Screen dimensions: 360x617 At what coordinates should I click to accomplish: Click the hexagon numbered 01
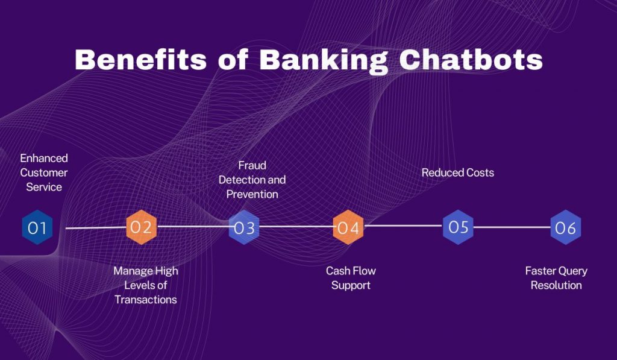tap(37, 227)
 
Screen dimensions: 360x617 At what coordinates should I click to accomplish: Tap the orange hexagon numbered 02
tap(142, 227)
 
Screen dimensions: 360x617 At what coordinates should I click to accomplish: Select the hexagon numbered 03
tap(244, 228)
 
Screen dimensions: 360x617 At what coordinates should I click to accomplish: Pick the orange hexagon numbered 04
tap(348, 227)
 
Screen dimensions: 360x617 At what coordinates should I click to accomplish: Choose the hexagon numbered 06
tap(565, 228)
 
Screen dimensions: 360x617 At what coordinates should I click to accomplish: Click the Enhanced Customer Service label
tap(44, 172)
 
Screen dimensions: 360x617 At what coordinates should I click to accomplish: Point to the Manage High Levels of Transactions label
tap(146, 285)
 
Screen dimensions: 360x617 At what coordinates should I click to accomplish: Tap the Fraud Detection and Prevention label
tap(252, 180)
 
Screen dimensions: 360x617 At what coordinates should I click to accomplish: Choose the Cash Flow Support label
tap(351, 278)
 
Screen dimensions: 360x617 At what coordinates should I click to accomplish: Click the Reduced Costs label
tap(458, 172)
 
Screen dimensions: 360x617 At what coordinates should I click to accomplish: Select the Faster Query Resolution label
tap(556, 278)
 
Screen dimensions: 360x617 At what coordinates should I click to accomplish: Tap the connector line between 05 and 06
tap(512, 227)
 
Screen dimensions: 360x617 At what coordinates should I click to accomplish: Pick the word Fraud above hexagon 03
tap(252, 165)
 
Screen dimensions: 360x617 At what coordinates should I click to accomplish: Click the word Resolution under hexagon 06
tap(556, 285)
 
